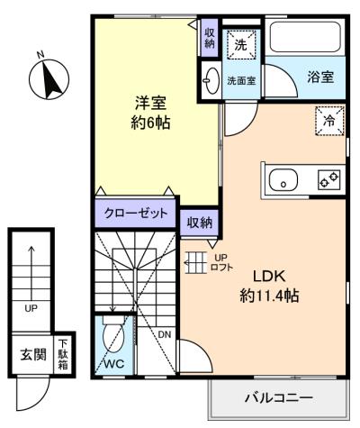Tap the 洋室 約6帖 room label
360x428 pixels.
[150, 113]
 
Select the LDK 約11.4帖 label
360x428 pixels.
[269, 286]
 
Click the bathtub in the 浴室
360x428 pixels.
[305, 37]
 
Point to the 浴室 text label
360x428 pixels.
[320, 77]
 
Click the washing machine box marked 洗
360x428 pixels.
[241, 44]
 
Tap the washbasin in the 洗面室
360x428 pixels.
[211, 80]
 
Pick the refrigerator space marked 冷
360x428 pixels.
[329, 121]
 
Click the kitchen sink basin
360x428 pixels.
[283, 181]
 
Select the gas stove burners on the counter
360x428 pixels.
[328, 179]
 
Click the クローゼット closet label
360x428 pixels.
[136, 214]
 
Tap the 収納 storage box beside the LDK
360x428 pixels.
[200, 223]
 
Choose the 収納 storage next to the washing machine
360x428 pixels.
[210, 38]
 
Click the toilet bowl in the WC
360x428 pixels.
[113, 335]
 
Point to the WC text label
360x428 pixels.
[114, 364]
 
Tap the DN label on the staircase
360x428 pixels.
[165, 334]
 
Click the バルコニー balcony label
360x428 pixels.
[279, 398]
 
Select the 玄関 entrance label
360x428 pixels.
[33, 355]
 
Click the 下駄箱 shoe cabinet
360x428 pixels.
[63, 354]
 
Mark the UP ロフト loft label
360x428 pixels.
[221, 262]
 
